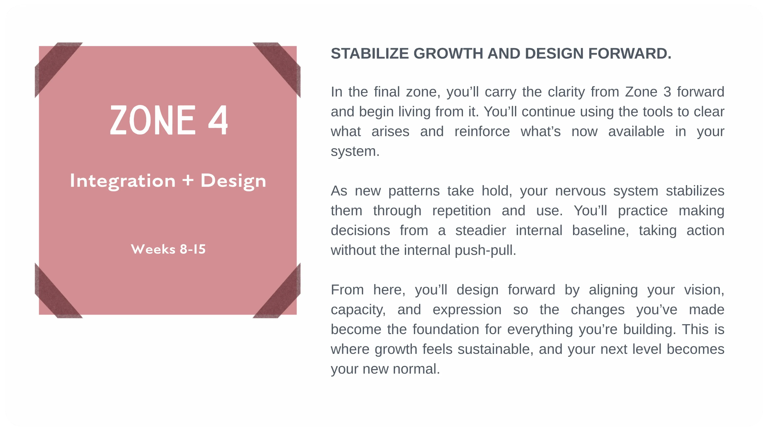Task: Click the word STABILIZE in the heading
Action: [x=370, y=54]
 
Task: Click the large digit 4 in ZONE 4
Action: [x=218, y=120]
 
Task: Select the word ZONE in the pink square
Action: [x=153, y=120]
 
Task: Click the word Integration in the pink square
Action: [x=122, y=181]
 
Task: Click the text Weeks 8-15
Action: [x=168, y=249]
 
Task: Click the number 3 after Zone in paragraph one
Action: [x=667, y=92]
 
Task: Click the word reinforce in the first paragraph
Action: [x=482, y=132]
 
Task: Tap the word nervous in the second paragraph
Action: [x=580, y=191]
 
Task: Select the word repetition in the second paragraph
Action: [x=461, y=211]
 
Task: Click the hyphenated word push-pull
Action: [x=485, y=250]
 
